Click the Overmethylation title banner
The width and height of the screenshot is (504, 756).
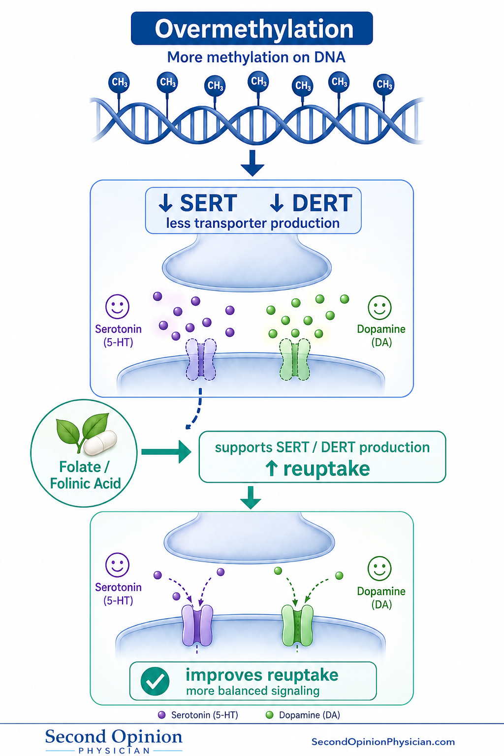(x=252, y=29)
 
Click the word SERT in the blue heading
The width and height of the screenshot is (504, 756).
(x=208, y=203)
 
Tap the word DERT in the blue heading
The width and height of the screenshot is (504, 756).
(x=322, y=203)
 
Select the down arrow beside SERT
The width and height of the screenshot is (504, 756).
(x=165, y=203)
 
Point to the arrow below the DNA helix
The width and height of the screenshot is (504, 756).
(x=252, y=163)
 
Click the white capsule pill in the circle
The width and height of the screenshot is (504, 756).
(x=100, y=442)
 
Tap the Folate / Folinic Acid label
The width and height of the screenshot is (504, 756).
(x=85, y=475)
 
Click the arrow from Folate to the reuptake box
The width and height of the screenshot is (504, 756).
(x=166, y=451)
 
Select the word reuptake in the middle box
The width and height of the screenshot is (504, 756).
(x=326, y=469)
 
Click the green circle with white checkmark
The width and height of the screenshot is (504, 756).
(x=155, y=681)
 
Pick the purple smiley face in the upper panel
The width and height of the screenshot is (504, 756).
(x=117, y=307)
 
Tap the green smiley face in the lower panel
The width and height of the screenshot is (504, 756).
(x=379, y=568)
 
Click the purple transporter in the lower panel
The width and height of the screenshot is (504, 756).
(x=197, y=625)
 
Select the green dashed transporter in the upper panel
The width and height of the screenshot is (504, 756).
(x=295, y=360)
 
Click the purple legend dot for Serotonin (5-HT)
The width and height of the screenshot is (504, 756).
(x=162, y=715)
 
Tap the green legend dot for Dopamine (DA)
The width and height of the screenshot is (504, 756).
(x=269, y=715)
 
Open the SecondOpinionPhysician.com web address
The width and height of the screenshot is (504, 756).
(x=383, y=742)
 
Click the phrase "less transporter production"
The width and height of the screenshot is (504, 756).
(x=253, y=223)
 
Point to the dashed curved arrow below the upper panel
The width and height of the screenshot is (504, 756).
(x=196, y=409)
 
